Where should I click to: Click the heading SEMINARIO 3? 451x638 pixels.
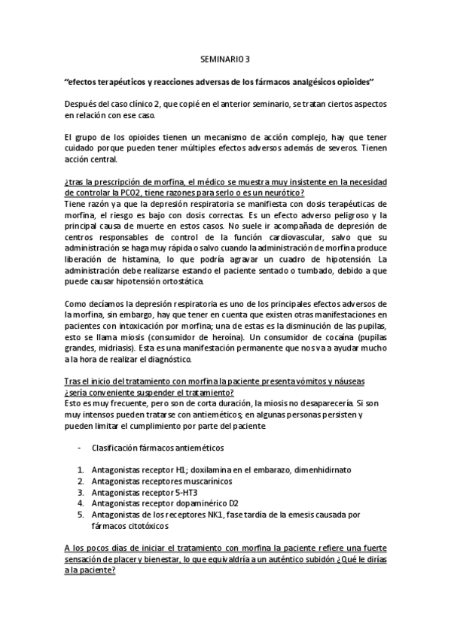(225, 57)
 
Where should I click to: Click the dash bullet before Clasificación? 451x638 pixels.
(80, 448)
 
